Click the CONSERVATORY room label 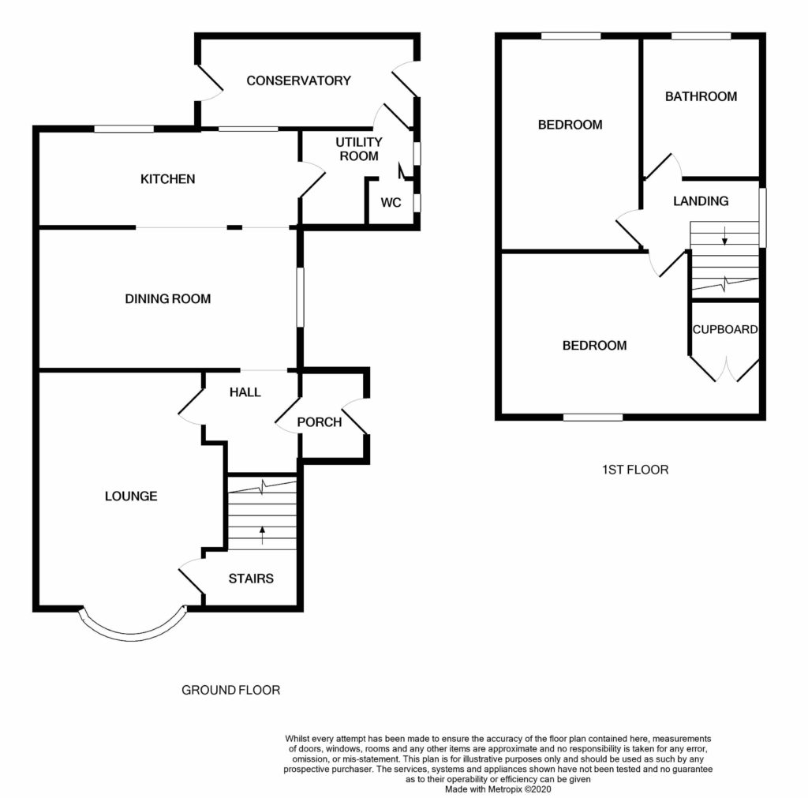click(298, 81)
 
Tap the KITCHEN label click(167, 179)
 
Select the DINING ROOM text click(168, 298)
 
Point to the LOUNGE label click(131, 496)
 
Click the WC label click(391, 203)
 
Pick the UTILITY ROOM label click(358, 148)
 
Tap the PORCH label click(320, 421)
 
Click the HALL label click(245, 392)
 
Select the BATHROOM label click(701, 96)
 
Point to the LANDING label click(700, 201)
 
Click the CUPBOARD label click(725, 330)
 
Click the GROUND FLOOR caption click(231, 690)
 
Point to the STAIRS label click(251, 579)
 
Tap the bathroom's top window click(700, 36)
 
